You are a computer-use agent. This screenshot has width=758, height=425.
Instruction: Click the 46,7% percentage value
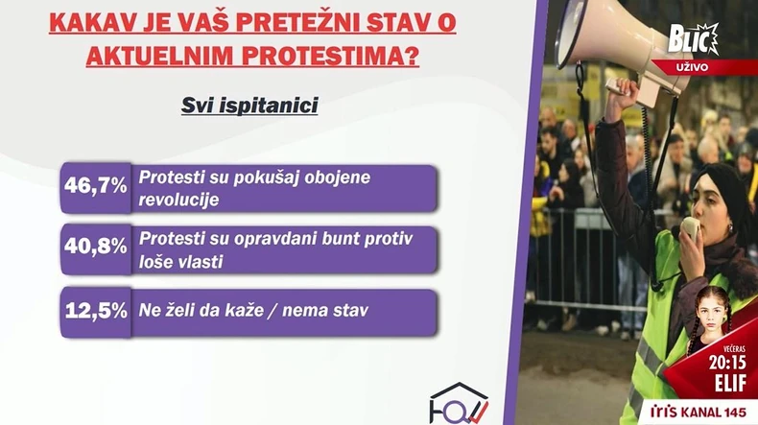click(94, 187)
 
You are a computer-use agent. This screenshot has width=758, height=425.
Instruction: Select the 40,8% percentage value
click(94, 248)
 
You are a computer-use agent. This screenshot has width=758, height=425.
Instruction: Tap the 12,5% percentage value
click(94, 310)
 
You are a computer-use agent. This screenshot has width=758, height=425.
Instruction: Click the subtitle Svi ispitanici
click(249, 106)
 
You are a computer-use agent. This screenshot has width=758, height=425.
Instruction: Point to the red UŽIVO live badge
click(712, 66)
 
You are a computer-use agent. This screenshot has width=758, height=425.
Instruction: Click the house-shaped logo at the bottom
click(459, 403)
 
